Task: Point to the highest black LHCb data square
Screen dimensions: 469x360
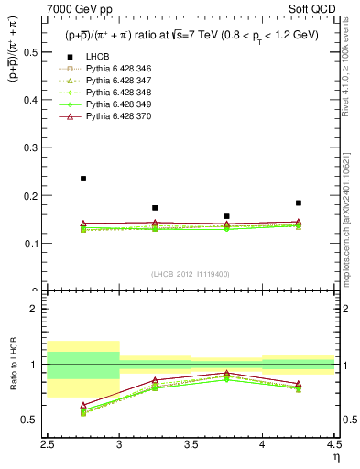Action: [x=83, y=179]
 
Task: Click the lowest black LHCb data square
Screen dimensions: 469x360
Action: [x=226, y=216]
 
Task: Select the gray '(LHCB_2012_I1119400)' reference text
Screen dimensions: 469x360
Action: [x=191, y=274]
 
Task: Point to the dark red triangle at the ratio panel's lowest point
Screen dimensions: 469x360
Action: [x=83, y=405]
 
